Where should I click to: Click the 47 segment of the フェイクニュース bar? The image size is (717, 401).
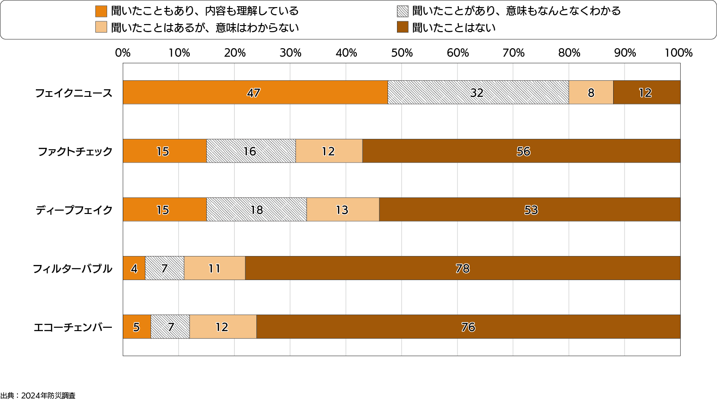pyautogui.click(x=255, y=93)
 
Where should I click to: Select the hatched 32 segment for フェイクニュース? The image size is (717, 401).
pyautogui.click(x=478, y=93)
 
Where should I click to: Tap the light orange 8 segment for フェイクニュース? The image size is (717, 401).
pyautogui.click(x=590, y=93)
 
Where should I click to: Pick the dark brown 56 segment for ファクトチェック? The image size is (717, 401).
pyautogui.click(x=521, y=151)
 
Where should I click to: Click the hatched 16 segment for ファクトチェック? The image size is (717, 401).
pyautogui.click(x=251, y=151)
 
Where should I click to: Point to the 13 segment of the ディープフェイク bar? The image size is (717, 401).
pyautogui.click(x=343, y=210)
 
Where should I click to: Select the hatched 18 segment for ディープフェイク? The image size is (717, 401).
pyautogui.click(x=256, y=210)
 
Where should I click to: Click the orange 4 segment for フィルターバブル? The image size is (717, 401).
pyautogui.click(x=134, y=268)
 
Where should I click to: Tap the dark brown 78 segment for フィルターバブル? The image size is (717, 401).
pyautogui.click(x=463, y=268)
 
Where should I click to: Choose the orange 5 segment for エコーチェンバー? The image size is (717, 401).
pyautogui.click(x=136, y=327)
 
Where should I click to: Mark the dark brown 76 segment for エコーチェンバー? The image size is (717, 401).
pyautogui.click(x=468, y=327)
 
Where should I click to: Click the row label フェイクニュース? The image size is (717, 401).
pyautogui.click(x=74, y=93)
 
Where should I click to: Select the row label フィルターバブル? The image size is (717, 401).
pyautogui.click(x=72, y=269)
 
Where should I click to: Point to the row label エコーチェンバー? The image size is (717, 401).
pyautogui.click(x=73, y=327)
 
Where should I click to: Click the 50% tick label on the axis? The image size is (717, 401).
pyautogui.click(x=402, y=53)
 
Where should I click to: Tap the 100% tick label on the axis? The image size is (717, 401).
pyautogui.click(x=678, y=53)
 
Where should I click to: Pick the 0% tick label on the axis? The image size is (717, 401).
pyautogui.click(x=123, y=53)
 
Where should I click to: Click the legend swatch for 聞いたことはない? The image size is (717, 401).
pyautogui.click(x=403, y=27)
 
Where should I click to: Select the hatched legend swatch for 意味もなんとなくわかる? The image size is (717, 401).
pyautogui.click(x=403, y=11)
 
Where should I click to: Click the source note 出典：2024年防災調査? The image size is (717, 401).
pyautogui.click(x=38, y=396)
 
